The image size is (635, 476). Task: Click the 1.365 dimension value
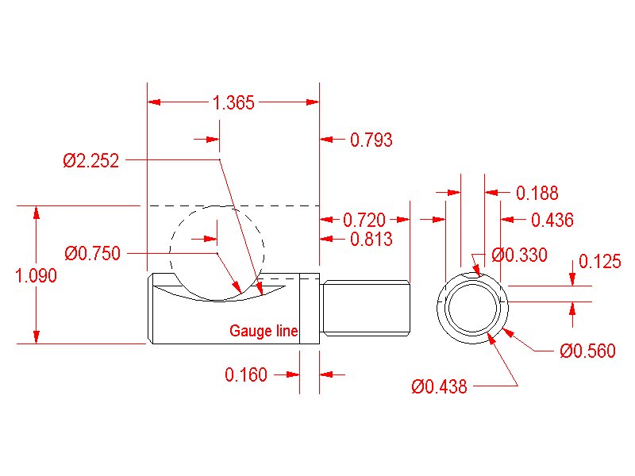pos(233,102)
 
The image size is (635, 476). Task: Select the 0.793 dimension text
pos(371,140)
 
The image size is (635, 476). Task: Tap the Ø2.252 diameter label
pos(91,161)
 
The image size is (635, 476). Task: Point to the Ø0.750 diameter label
pos(92,254)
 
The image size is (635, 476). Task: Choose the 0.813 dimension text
pos(371,239)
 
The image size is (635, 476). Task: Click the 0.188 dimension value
pos(537,193)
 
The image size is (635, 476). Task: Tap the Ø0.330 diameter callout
pos(520,255)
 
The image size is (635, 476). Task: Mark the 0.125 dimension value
pos(600,262)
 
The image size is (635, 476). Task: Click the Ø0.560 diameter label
pos(587,351)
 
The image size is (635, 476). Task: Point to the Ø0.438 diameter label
pos(439,386)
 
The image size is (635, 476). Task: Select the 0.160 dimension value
pos(246,374)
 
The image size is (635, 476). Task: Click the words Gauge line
pos(264,331)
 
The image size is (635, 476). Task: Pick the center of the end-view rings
pos(474,308)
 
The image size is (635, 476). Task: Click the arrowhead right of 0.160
pos(327,374)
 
